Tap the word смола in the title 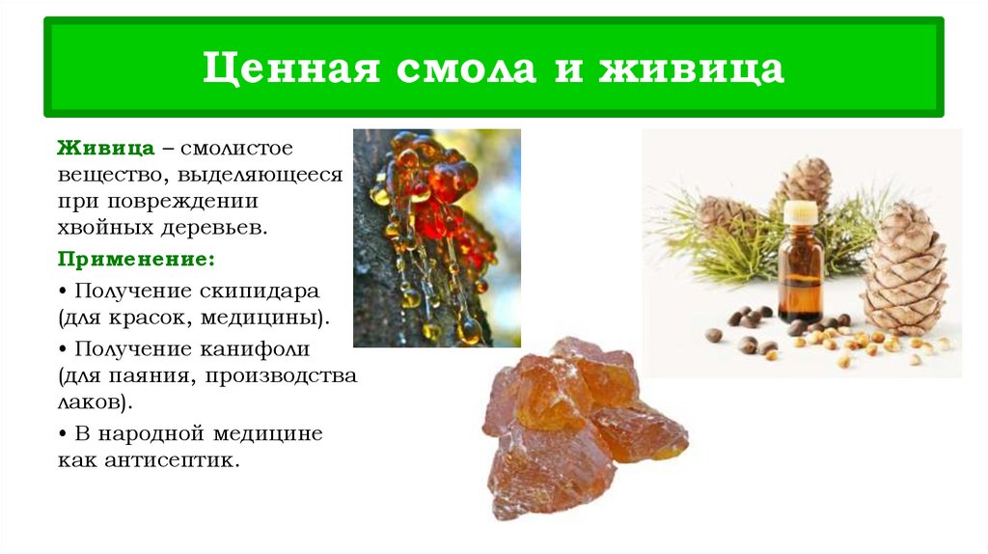pos(454,70)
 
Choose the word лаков pos(91,402)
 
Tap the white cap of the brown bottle pos(800,210)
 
